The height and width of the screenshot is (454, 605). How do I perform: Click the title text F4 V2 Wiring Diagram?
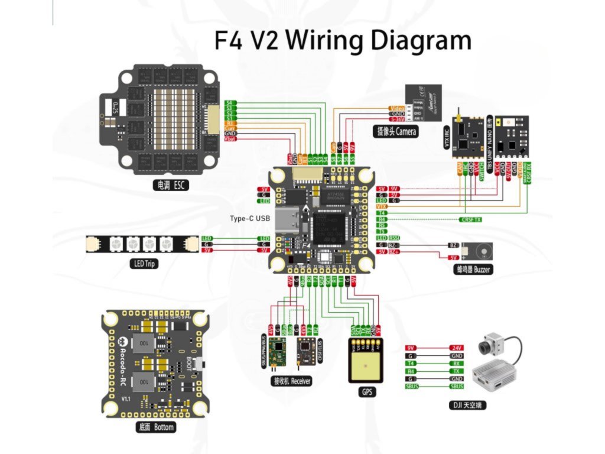[343, 41]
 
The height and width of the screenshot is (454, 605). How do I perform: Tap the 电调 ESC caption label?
[170, 186]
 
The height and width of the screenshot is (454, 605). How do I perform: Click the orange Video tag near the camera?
[395, 108]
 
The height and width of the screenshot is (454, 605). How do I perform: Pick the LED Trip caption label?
[143, 264]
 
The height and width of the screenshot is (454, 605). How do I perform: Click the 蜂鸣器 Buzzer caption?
[473, 269]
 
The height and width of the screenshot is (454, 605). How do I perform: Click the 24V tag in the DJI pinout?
[456, 348]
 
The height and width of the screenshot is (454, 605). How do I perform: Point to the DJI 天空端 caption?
[469, 406]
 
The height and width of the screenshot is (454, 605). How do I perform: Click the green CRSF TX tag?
[470, 219]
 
